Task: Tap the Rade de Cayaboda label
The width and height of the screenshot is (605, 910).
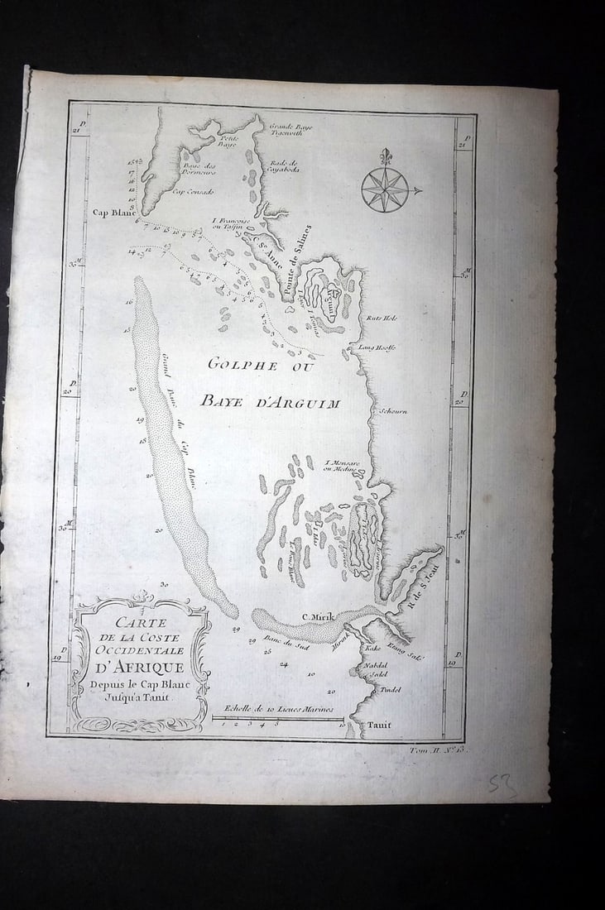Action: point(284,167)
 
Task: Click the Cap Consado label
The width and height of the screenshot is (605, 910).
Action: point(194,192)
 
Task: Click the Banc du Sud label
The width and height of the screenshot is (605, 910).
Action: point(281,641)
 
